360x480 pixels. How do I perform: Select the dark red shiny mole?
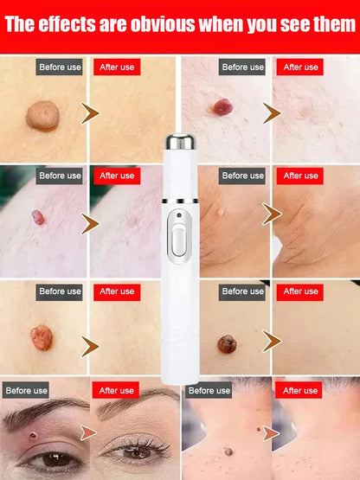point(222,108)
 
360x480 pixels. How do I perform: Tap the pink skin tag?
point(38,217)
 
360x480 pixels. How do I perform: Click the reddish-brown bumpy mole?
point(41,337)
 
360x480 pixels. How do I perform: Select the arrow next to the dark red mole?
point(273,113)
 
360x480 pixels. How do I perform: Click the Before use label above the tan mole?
point(59,67)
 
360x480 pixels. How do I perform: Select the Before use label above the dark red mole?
point(242,67)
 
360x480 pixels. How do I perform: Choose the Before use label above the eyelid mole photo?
point(26,390)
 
